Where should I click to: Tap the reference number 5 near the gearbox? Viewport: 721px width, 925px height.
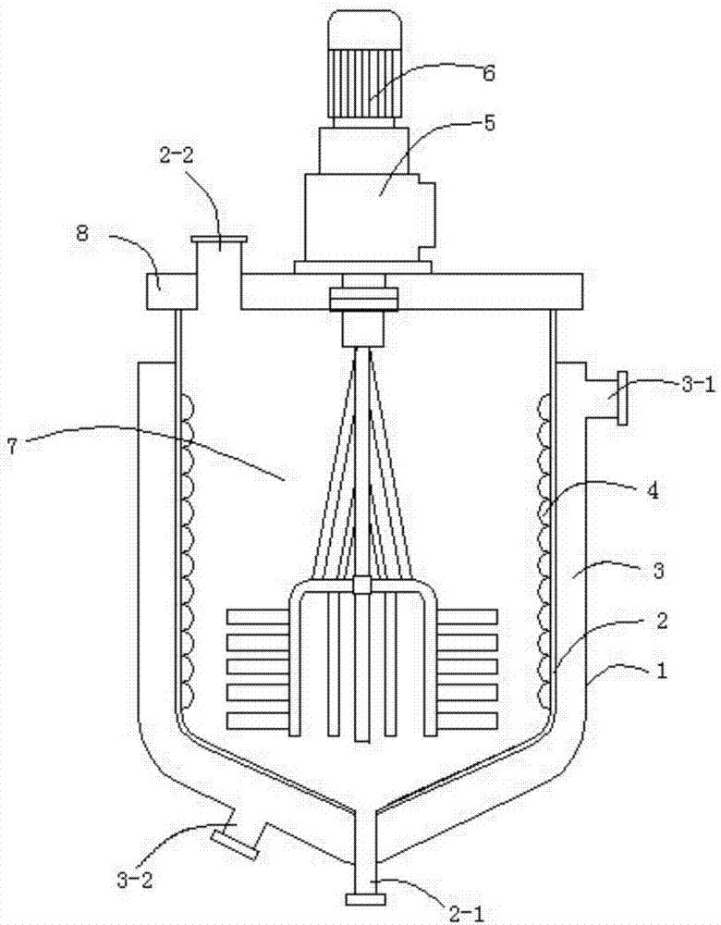pyautogui.click(x=489, y=123)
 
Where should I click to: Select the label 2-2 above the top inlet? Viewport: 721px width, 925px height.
pyautogui.click(x=176, y=155)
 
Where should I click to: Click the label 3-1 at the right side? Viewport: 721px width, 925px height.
pyautogui.click(x=698, y=385)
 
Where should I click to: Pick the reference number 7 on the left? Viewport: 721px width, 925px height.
pyautogui.click(x=12, y=447)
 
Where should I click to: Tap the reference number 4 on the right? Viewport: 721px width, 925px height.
pyautogui.click(x=653, y=490)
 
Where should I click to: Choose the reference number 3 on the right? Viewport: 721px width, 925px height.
pyautogui.click(x=658, y=571)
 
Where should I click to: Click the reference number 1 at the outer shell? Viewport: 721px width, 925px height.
pyautogui.click(x=662, y=671)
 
